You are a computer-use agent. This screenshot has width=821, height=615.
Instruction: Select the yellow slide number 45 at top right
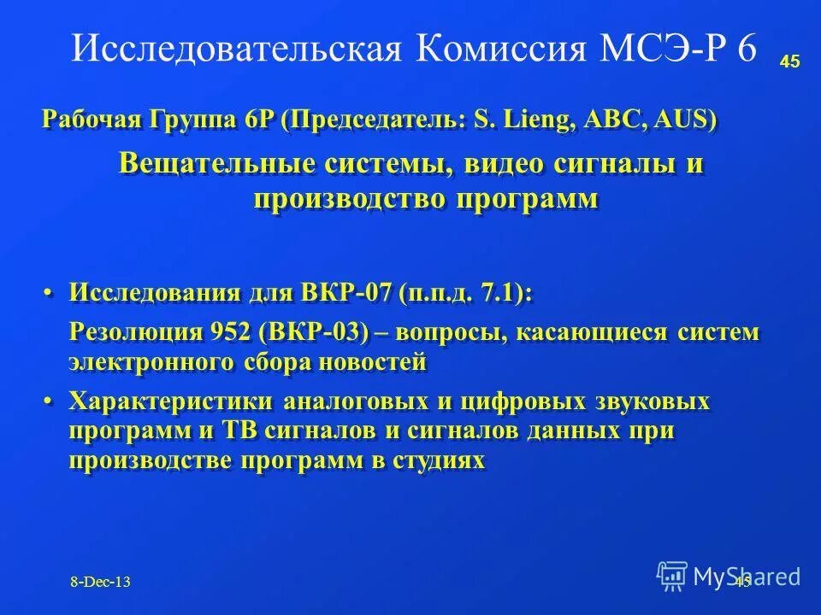789,61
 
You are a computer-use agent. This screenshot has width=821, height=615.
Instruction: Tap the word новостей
372,362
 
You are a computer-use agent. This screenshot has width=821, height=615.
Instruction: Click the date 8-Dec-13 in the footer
101,582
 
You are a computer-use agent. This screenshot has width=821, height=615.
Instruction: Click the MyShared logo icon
672,575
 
